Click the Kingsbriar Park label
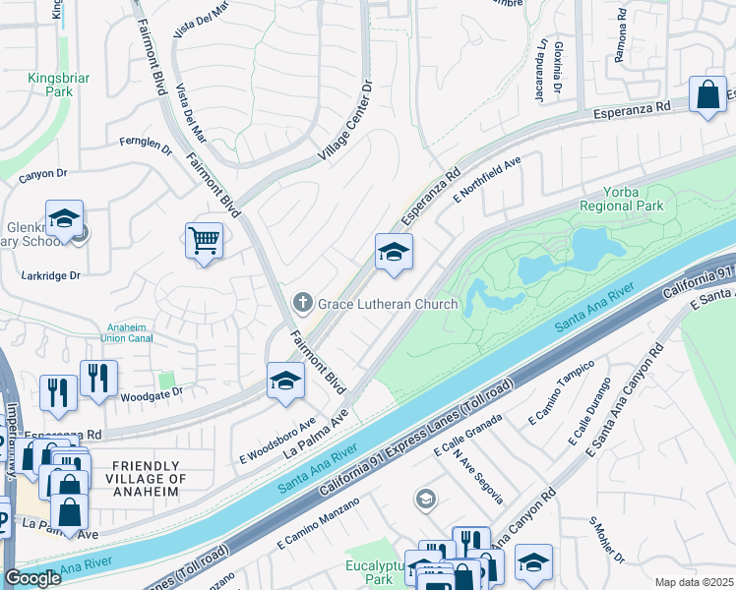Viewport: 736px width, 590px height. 45,84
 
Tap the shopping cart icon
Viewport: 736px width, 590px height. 204,239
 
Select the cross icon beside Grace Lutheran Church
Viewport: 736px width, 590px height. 304,303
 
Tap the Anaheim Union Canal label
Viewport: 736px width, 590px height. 137,334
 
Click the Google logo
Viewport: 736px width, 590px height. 32,579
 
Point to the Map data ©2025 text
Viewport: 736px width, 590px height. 693,582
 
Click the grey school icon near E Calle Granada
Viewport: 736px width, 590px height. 425,500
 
